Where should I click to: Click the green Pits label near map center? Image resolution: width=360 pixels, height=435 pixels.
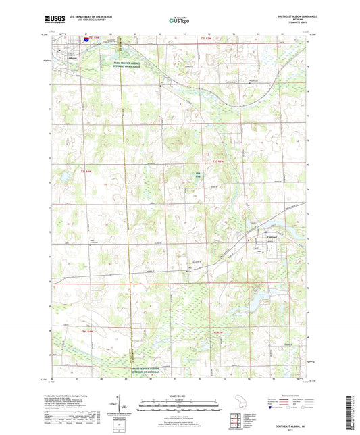point(198,175)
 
